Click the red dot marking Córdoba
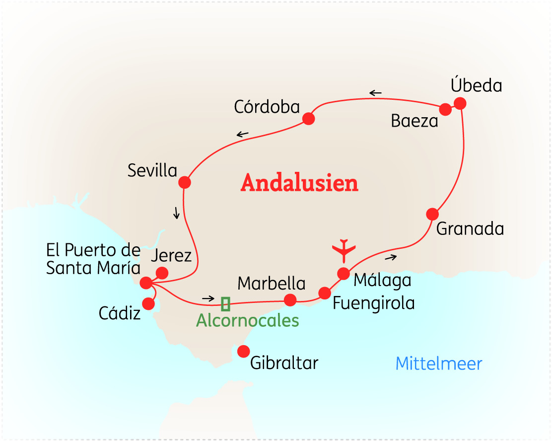click(308, 119)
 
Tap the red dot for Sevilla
click(185, 182)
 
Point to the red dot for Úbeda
click(460, 103)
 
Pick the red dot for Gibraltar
click(243, 352)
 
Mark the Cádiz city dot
click(148, 303)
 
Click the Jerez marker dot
click(162, 273)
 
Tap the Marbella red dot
click(290, 299)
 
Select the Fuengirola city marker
click(324, 293)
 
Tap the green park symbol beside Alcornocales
click(225, 303)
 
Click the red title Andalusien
click(299, 183)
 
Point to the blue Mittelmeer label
click(439, 364)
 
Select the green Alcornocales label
click(248, 321)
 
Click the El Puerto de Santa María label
click(93, 259)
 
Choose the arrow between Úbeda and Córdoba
click(375, 93)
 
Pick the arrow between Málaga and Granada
click(391, 257)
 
